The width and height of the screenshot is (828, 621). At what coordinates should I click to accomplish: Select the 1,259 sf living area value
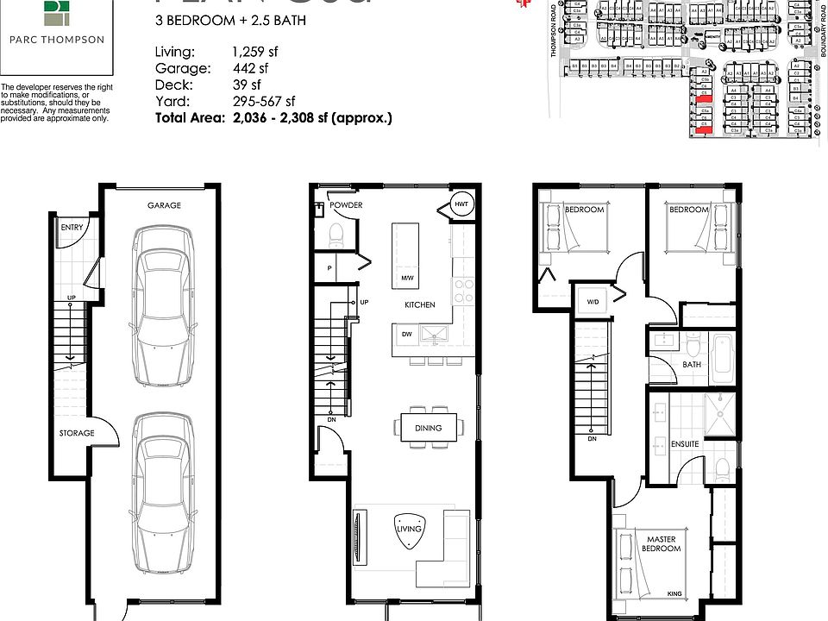tap(254, 52)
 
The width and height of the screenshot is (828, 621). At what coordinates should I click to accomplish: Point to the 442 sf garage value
tap(248, 68)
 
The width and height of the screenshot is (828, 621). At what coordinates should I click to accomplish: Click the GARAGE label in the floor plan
tap(164, 205)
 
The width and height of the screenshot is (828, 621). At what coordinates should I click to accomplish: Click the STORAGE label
tap(77, 432)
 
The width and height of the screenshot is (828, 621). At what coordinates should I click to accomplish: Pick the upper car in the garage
tap(162, 310)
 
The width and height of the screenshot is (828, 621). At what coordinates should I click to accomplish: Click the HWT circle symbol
tap(459, 204)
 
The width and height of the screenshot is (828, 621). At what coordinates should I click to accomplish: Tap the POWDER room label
tap(346, 205)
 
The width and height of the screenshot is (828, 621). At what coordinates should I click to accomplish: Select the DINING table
tap(428, 428)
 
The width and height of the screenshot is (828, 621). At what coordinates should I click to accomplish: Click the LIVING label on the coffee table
tap(409, 529)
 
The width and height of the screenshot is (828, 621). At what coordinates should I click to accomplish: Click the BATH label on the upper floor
tap(692, 365)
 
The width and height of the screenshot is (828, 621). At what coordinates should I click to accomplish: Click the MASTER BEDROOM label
tap(662, 544)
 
